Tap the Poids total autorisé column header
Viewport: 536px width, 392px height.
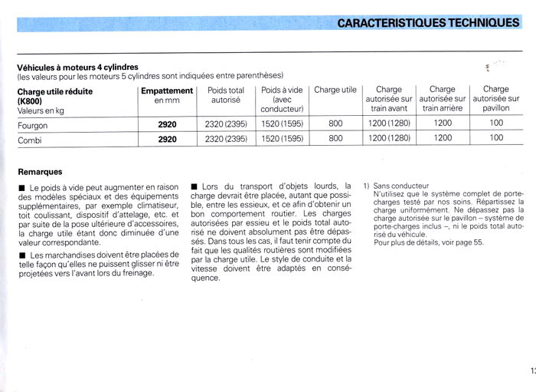coord(226,94)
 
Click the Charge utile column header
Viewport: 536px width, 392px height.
coord(335,90)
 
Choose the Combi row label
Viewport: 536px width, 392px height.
coord(29,139)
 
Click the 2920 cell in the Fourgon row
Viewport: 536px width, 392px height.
coord(167,125)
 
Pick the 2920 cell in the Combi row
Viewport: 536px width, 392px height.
coord(167,139)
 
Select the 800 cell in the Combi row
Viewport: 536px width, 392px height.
coord(335,139)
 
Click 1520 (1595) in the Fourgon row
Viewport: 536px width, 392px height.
coord(282,125)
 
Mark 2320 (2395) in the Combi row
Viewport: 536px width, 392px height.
coord(226,139)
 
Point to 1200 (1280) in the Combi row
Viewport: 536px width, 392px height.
coord(389,139)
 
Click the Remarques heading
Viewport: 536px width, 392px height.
coord(40,172)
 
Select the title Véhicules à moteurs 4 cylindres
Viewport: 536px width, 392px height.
coord(77,67)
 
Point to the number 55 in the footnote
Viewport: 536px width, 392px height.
coord(479,242)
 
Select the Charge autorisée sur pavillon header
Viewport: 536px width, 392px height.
coord(496,99)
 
